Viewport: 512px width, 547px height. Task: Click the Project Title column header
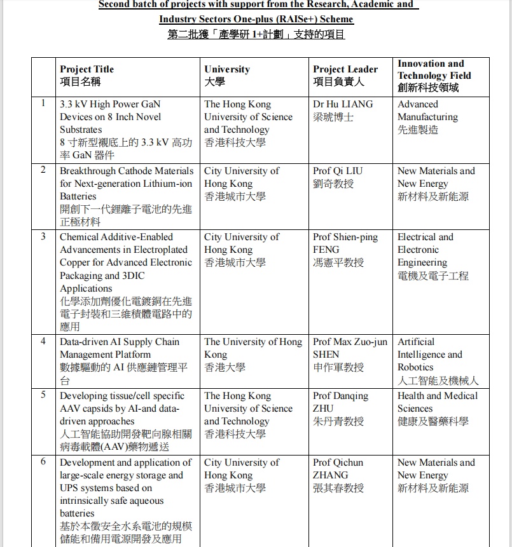[x=87, y=76]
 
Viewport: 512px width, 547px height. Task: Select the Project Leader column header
[x=345, y=76]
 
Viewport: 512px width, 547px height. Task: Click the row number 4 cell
[x=43, y=341]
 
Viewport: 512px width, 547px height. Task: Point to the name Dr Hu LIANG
[x=343, y=104]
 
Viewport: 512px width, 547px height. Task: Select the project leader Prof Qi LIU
[x=338, y=171]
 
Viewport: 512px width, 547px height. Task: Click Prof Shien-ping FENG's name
[x=345, y=243]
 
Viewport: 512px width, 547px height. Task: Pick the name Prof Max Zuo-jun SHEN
[x=350, y=348]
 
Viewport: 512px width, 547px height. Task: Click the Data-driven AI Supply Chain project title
[x=120, y=348]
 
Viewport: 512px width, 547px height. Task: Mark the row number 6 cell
[x=43, y=462]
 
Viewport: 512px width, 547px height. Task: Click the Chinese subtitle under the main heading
[x=256, y=34]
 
